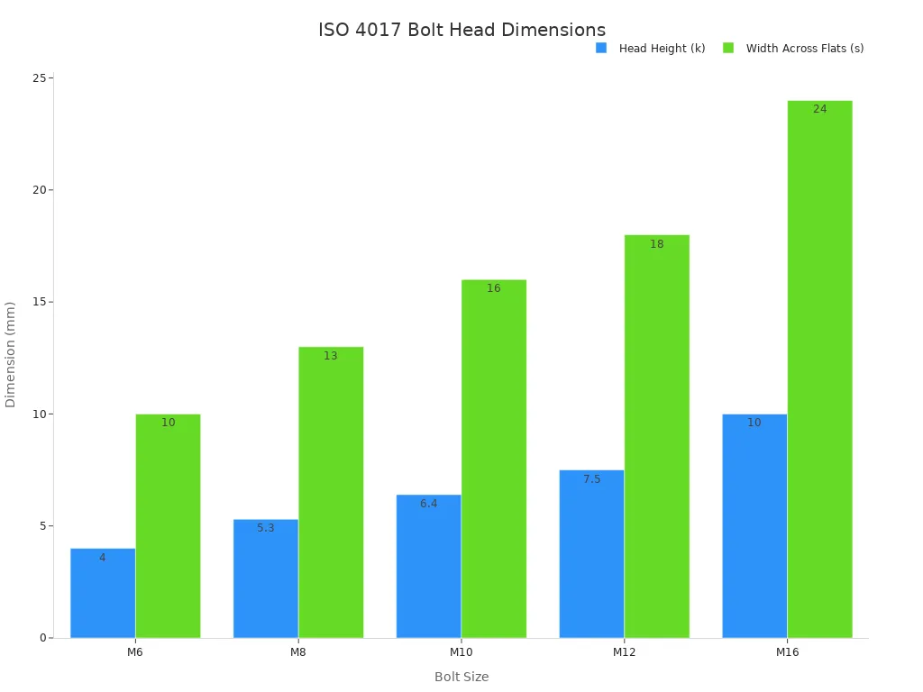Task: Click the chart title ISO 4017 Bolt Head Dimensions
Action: click(x=461, y=30)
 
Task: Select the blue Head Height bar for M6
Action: click(x=103, y=595)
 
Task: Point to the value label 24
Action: click(x=819, y=109)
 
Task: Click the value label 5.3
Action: click(x=265, y=528)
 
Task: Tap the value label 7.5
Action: click(x=591, y=479)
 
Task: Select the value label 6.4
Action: click(x=428, y=504)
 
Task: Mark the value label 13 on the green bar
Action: click(x=331, y=356)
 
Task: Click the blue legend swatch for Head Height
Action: click(x=601, y=48)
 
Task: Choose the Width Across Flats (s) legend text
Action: click(x=804, y=49)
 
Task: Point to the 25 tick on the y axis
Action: click(x=40, y=78)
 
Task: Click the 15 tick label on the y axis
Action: click(x=40, y=302)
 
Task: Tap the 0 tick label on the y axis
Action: click(x=42, y=638)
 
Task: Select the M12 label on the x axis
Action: click(x=624, y=651)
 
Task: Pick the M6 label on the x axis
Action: click(x=135, y=651)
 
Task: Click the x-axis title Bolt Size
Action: click(x=461, y=677)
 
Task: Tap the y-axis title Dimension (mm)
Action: click(x=11, y=354)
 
